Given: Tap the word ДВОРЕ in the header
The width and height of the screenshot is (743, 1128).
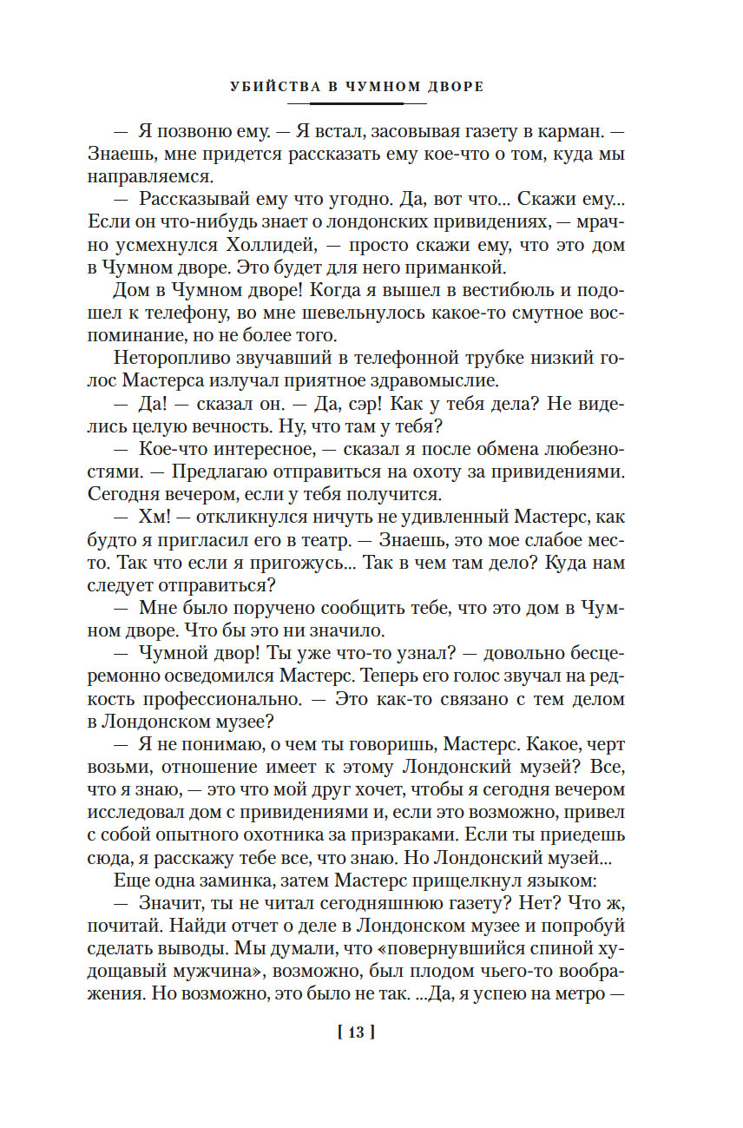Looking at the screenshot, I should click(456, 87).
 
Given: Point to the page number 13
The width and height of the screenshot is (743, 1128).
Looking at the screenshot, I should click(355, 1032).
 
